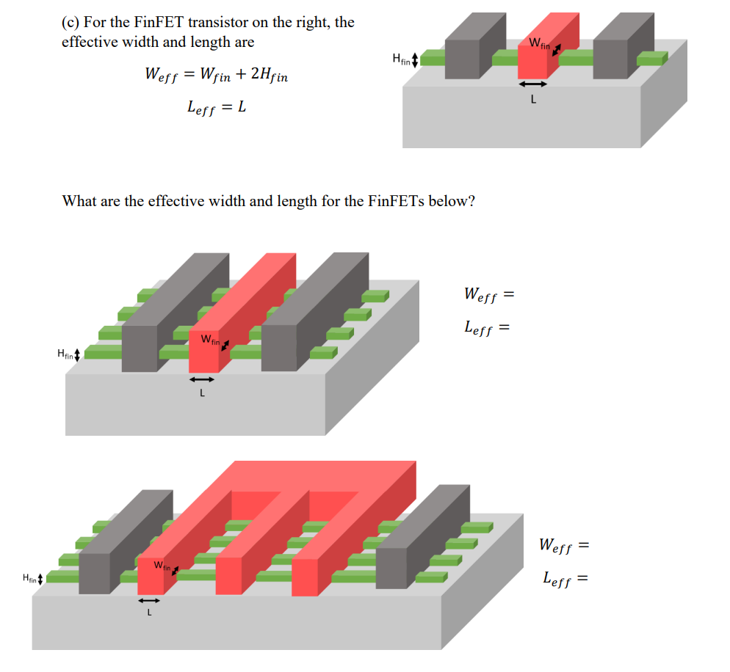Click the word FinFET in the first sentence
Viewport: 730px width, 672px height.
pyautogui.click(x=165, y=22)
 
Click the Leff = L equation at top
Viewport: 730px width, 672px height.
pyautogui.click(x=217, y=108)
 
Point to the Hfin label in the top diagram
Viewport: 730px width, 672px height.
pyautogui.click(x=401, y=59)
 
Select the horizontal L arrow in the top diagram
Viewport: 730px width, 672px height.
pyautogui.click(x=533, y=84)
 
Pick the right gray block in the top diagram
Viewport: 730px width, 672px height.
pyautogui.click(x=615, y=53)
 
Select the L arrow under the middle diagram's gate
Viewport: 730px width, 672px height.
pyautogui.click(x=201, y=379)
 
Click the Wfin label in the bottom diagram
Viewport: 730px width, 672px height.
pyautogui.click(x=162, y=566)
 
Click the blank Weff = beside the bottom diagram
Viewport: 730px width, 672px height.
pyautogui.click(x=564, y=546)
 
